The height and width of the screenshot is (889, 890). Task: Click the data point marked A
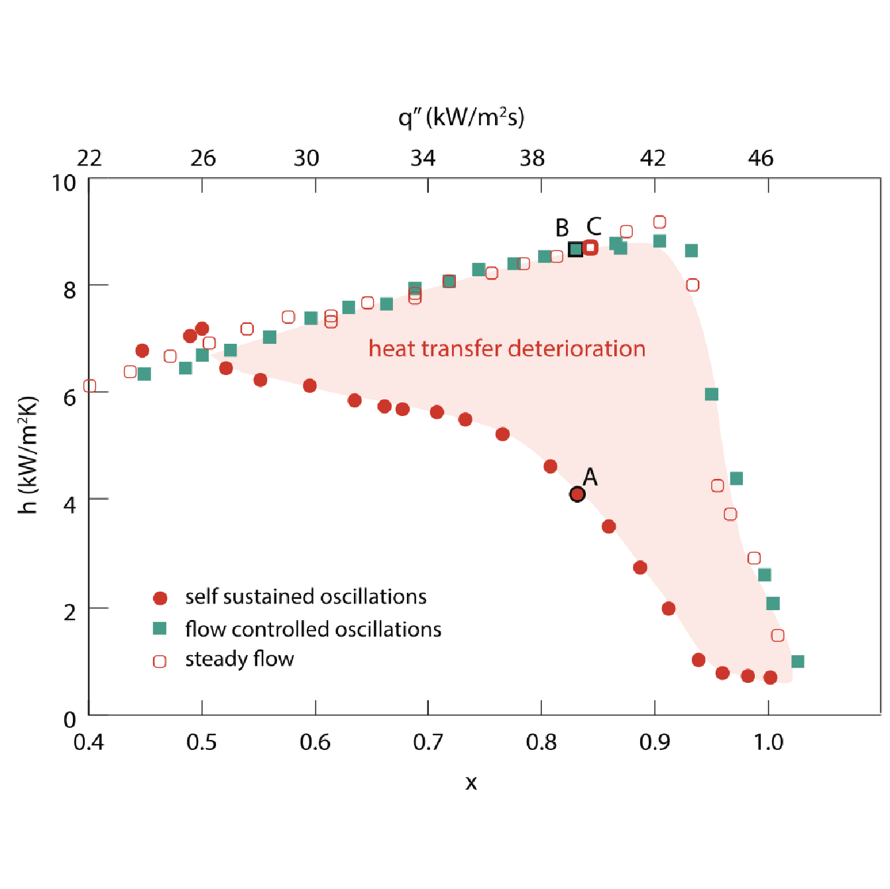tap(577, 494)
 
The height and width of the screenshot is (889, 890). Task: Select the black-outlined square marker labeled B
tap(576, 249)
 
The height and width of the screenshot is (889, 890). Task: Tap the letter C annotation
tap(594, 227)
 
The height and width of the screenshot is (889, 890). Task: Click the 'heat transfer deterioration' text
tap(507, 348)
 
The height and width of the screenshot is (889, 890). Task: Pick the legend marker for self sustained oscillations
tap(160, 598)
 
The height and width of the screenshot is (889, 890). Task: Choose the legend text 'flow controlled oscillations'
tap(313, 629)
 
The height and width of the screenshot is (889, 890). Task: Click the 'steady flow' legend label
tap(239, 659)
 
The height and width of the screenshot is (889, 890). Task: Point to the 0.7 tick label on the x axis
tap(428, 743)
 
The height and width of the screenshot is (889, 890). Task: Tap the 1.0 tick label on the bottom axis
tap(768, 743)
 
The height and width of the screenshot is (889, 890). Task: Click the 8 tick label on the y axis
tap(70, 289)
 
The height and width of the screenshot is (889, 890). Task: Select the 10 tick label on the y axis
tap(64, 183)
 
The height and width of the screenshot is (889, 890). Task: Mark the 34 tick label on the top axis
tap(423, 158)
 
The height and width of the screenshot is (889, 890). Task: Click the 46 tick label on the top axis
tap(761, 158)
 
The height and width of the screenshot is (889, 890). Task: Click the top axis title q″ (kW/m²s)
tap(461, 117)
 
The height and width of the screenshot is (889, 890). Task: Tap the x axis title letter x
tap(471, 783)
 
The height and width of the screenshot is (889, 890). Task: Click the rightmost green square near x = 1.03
tap(798, 661)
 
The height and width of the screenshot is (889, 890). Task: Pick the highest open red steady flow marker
tap(659, 222)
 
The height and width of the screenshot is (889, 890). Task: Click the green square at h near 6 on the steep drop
tap(712, 394)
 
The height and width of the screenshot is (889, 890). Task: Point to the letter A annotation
tap(590, 476)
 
